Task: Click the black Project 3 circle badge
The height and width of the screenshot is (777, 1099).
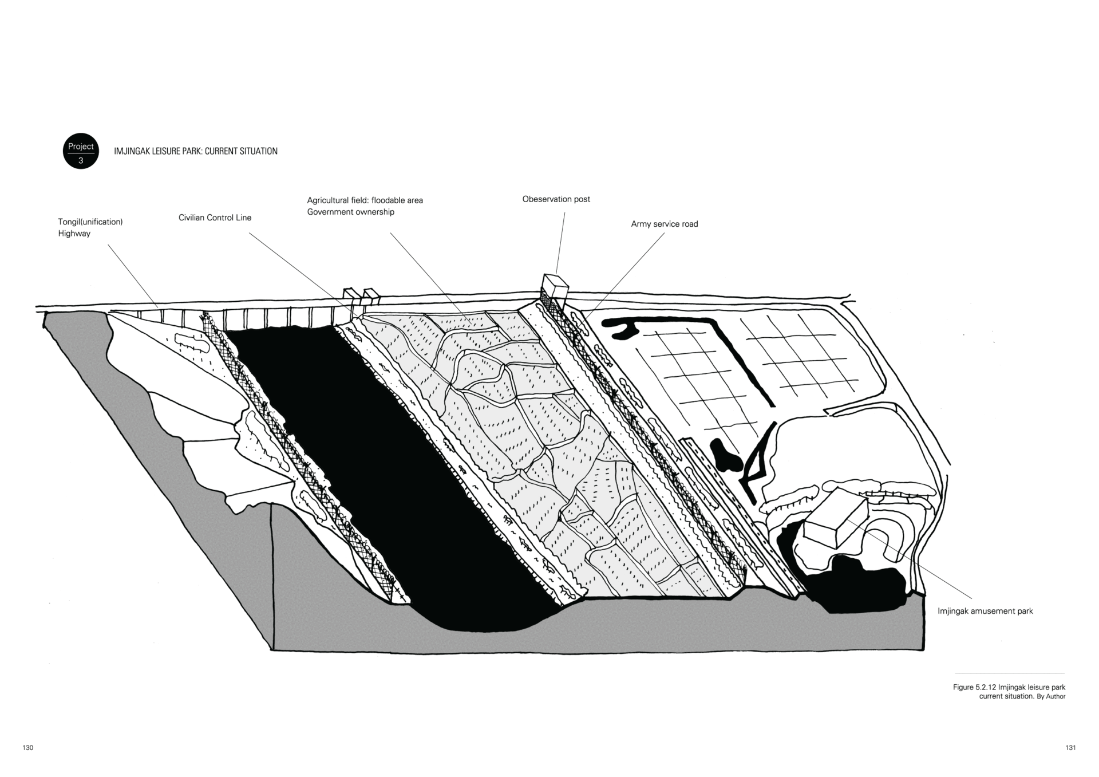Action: pos(81,152)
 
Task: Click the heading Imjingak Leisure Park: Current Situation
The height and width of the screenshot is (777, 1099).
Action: pos(196,151)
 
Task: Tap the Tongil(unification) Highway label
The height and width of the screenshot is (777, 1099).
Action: pos(90,227)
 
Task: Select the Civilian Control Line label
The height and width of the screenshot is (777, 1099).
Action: pos(215,218)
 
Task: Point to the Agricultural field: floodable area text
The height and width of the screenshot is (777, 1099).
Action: pos(365,200)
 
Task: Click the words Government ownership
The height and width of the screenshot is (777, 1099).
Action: pos(350,212)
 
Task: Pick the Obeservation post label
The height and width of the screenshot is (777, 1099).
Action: pos(556,199)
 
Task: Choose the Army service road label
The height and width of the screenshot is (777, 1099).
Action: pos(664,224)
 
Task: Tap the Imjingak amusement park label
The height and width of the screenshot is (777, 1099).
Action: pos(985,611)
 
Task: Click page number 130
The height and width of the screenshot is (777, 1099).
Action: pos(28,748)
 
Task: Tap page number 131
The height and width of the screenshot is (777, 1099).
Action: pos(1070,748)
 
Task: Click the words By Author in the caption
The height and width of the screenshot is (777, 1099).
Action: pos(1051,697)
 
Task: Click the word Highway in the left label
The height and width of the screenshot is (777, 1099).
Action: pos(74,234)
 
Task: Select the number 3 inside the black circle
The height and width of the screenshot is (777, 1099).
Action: pos(81,161)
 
